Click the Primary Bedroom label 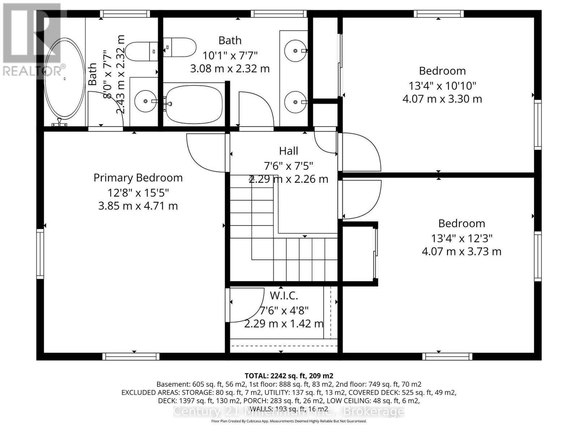[x=138, y=178]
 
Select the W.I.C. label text [x=284, y=296]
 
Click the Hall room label [x=288, y=151]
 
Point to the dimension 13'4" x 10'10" [x=442, y=86]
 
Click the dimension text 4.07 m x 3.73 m [x=461, y=252]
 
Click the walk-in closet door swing [x=243, y=305]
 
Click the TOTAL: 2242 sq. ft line [x=289, y=376]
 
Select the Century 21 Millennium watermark [x=289, y=411]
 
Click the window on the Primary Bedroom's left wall [x=40, y=254]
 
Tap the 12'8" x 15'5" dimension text [x=138, y=193]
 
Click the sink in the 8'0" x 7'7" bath [x=145, y=101]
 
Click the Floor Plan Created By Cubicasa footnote [x=289, y=421]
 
